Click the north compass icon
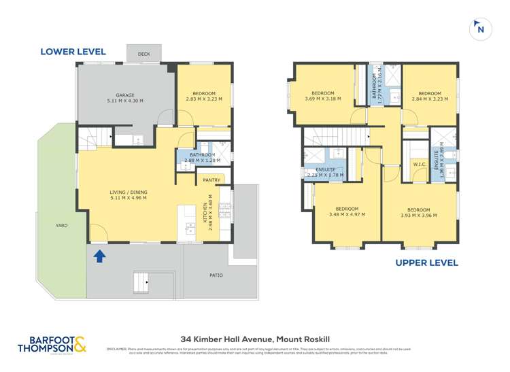481,29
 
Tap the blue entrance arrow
99,256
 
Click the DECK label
143,54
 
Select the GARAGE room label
124,95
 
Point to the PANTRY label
211,180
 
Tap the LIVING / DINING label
129,192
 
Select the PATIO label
216,275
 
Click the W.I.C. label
419,165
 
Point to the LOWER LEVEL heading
73,51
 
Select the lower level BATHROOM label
203,155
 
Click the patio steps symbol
142,279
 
